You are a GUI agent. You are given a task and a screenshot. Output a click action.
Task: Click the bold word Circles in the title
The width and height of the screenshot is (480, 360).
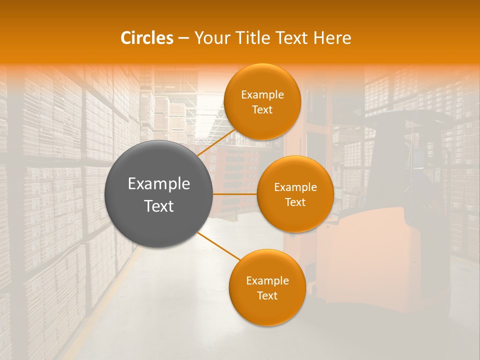pos(147,38)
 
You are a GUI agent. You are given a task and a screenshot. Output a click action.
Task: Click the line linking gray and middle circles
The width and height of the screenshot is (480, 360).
pos(235,194)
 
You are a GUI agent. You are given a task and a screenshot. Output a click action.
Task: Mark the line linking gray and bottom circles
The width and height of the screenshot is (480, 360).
pos(218,245)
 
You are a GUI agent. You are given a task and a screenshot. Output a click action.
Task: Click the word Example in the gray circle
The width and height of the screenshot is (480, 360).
pos(159,184)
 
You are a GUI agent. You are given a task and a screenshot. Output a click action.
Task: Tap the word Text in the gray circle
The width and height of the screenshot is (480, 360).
pos(159,206)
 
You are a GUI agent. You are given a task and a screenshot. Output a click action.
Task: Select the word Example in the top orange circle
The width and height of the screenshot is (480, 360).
pos(262,95)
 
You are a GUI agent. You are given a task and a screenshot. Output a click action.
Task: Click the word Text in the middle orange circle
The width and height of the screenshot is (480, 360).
pos(295,202)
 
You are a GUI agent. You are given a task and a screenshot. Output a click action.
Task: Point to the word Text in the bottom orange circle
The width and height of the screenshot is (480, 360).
pos(267,295)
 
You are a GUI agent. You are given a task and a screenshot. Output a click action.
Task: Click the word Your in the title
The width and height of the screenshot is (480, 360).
pos(210,38)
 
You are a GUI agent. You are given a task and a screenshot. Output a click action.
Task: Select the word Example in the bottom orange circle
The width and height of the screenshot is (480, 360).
pos(267,281)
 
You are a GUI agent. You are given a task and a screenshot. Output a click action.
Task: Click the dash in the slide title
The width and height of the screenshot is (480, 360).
pos(183,38)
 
